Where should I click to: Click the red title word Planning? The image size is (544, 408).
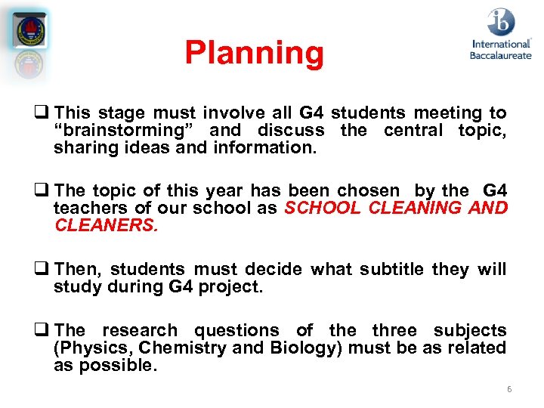[x=254, y=53]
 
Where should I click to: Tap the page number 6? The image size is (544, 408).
[x=509, y=389]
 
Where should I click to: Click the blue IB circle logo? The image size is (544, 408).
[x=500, y=21]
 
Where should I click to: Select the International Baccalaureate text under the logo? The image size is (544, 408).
[x=500, y=50]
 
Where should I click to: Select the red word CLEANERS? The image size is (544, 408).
[x=106, y=226]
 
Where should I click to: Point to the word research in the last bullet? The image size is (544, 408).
[x=140, y=331]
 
